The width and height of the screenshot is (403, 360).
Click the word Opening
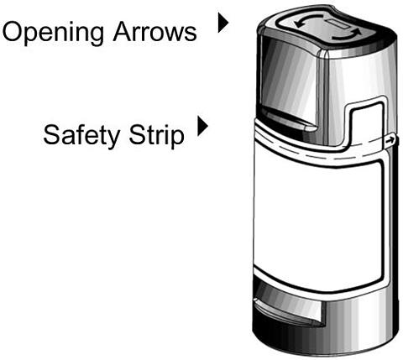(53, 33)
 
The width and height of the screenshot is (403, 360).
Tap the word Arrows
(154, 32)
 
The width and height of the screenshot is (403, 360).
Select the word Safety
(81, 136)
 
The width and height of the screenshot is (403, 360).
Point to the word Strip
(157, 136)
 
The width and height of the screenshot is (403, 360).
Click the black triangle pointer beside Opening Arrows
(223, 23)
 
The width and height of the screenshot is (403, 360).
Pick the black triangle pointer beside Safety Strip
(202, 126)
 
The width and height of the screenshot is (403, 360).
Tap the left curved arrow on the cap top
(308, 21)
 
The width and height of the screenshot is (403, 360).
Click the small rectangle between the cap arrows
(339, 24)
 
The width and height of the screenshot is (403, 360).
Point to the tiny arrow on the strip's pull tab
(389, 140)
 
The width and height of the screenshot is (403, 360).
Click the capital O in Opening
(13, 32)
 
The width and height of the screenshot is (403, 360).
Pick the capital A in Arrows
(123, 32)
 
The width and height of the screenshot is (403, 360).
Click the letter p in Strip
(177, 139)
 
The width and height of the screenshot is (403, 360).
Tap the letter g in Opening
(96, 36)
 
